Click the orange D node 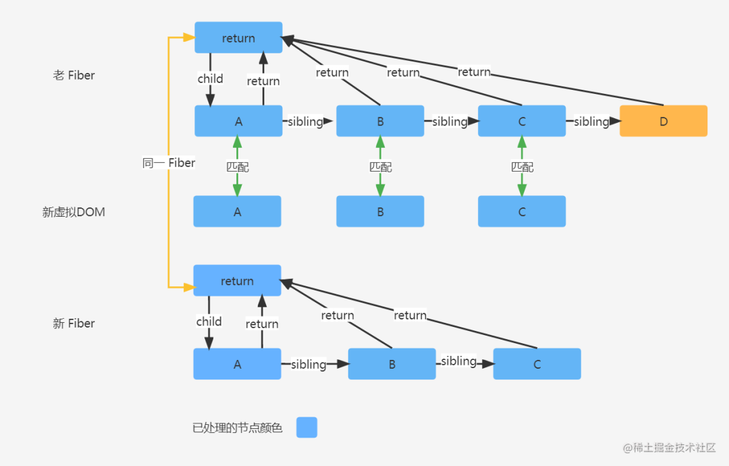point(663,121)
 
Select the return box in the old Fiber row point(238,38)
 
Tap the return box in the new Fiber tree point(237,280)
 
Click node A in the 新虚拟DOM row point(237,211)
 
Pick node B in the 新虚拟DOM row point(380,211)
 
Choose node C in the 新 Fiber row point(537,364)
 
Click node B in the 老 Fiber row point(380,121)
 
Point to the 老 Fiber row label point(74,75)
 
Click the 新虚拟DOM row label point(74,212)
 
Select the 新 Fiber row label point(74,323)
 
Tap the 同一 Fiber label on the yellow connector point(169,163)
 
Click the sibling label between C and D point(591,122)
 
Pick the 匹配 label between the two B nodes point(380,166)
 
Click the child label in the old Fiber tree point(210,79)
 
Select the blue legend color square point(306,428)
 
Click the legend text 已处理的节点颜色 point(237,428)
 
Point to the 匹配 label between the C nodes point(522,166)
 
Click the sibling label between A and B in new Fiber point(308,365)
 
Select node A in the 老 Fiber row point(238,121)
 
